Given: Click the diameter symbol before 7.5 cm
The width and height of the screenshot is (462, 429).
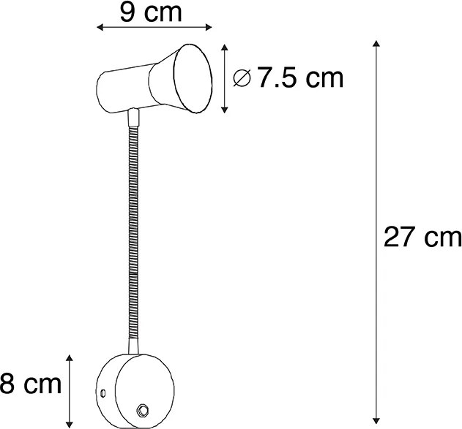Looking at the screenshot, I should (242, 77).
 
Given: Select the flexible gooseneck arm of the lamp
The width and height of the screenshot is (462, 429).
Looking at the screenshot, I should (134, 241).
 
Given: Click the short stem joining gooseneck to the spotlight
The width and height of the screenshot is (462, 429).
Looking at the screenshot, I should (133, 116).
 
